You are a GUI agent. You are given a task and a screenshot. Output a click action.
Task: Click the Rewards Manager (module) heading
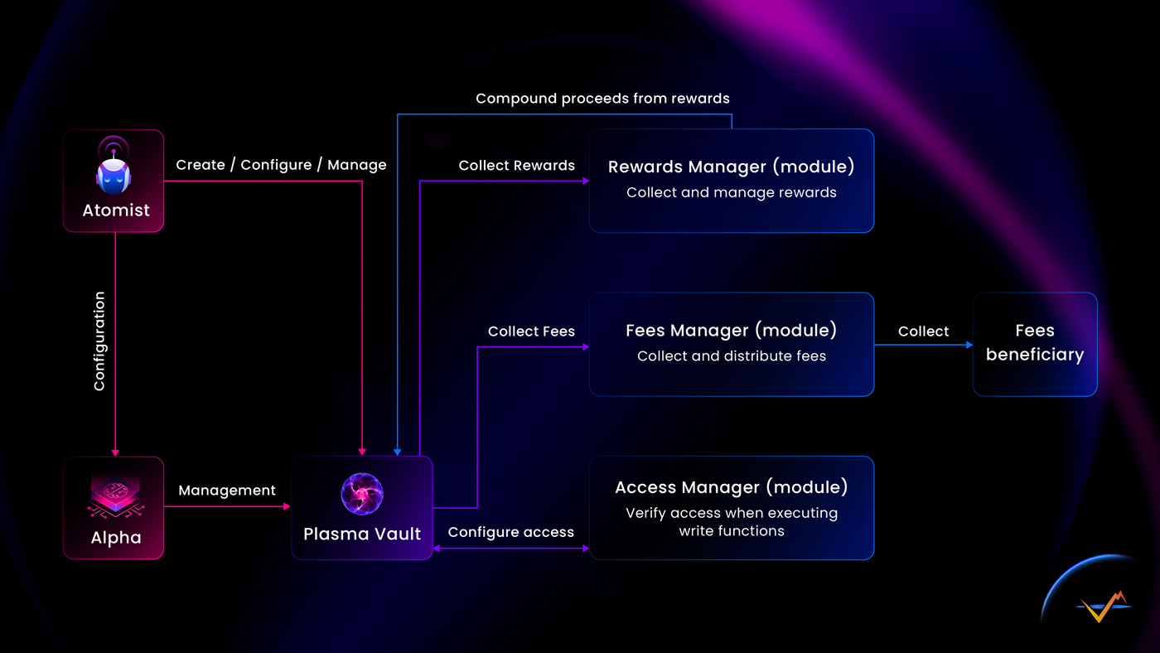point(731,167)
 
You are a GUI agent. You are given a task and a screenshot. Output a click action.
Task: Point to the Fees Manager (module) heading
point(731,331)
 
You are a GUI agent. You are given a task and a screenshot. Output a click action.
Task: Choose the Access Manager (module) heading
point(731,487)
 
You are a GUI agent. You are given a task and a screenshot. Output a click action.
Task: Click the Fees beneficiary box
point(1035,344)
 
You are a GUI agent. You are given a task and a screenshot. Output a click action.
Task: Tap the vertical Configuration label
point(99,341)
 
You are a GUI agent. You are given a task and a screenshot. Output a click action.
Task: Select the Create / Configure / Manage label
point(281,165)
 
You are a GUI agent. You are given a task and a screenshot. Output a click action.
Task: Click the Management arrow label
point(227,491)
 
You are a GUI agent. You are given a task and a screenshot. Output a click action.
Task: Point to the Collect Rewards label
point(516,166)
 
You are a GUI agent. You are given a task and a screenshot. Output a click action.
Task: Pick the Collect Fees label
point(531,331)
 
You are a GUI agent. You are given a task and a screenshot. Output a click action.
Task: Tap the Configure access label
point(510,532)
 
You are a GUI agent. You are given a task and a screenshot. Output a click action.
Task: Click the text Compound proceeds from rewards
point(602,99)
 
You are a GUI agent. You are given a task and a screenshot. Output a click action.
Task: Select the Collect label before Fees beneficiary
point(923,331)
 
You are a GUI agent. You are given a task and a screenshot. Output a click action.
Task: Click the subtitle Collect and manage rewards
point(731,193)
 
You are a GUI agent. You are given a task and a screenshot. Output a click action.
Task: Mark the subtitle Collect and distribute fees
point(731,356)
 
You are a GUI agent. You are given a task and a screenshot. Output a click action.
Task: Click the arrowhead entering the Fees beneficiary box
point(969,345)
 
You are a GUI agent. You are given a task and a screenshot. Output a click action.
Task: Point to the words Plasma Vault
point(362,534)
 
